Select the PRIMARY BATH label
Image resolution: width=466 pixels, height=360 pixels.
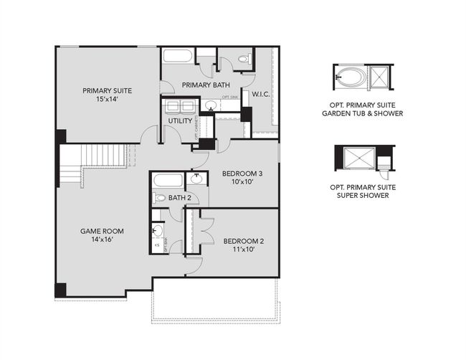click(206, 85)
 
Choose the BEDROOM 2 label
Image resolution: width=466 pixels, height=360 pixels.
click(244, 241)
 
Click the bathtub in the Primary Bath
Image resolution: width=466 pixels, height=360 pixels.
click(177, 57)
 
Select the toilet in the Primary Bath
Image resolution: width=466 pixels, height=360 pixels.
click(242, 59)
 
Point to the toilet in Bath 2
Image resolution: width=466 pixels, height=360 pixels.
click(161, 197)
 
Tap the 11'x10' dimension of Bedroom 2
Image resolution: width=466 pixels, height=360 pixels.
click(244, 250)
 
